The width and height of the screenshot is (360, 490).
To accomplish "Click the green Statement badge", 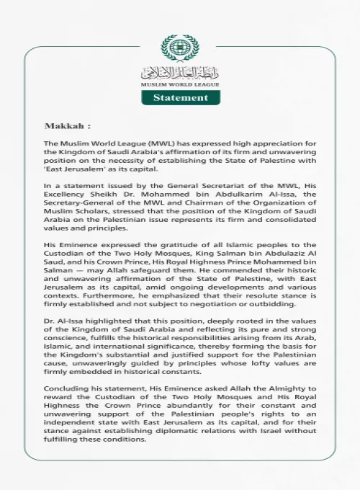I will pyautogui.click(x=181, y=97).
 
